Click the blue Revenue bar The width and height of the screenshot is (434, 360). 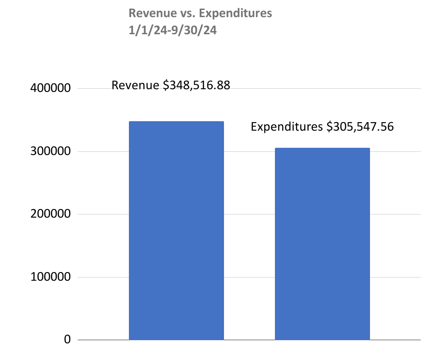(x=176, y=230)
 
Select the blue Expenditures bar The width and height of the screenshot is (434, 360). (x=322, y=244)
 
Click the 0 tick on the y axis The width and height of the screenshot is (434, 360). (x=68, y=340)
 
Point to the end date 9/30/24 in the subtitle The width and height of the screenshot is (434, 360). (x=192, y=32)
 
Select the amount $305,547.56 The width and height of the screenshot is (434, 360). (x=361, y=127)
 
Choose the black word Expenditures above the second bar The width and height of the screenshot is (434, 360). (x=287, y=127)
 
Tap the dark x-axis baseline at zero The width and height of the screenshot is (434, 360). (x=248, y=340)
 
